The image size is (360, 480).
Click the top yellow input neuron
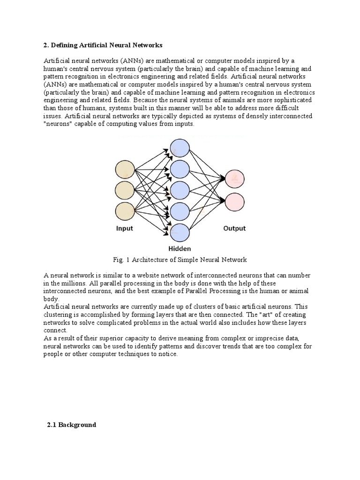click(125, 169)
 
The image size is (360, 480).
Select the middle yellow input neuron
click(125, 190)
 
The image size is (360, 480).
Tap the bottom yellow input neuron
click(125, 211)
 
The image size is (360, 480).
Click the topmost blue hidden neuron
click(180, 149)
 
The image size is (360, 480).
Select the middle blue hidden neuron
click(180, 191)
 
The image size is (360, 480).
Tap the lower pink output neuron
click(235, 201)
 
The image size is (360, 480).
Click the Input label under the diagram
click(125, 229)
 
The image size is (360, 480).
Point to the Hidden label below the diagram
click(179, 249)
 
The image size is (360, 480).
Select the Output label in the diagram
click(234, 229)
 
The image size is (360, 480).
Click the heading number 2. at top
click(46, 45)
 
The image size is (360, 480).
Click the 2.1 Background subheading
click(71, 425)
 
